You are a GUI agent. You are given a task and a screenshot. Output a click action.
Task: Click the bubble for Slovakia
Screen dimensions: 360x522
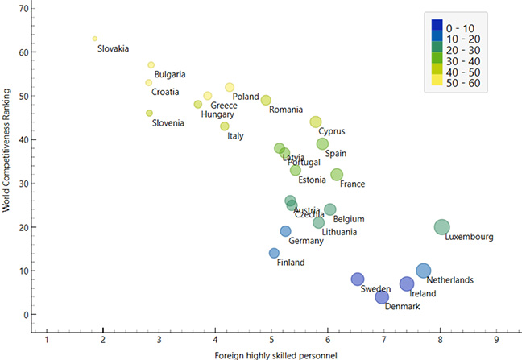coord(95,39)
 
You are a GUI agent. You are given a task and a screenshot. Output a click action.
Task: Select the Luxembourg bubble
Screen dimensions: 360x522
coord(441,227)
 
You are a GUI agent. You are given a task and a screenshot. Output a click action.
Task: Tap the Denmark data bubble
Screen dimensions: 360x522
coord(382,297)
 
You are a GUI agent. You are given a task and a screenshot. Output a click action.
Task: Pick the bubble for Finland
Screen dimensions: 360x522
coord(274,253)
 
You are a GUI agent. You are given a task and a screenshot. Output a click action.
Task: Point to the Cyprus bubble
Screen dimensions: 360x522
coord(316,122)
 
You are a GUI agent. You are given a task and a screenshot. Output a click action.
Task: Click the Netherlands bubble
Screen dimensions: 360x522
coord(424,271)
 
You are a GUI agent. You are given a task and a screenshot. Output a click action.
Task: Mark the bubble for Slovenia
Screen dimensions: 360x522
coord(149,114)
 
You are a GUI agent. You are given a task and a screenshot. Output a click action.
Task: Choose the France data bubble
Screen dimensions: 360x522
coord(337,175)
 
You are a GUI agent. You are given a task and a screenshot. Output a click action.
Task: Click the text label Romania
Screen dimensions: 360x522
coord(286,110)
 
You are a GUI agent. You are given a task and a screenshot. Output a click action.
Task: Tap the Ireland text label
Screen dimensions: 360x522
coord(422,294)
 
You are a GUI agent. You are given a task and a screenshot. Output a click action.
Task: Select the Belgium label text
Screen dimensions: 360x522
coord(349,219)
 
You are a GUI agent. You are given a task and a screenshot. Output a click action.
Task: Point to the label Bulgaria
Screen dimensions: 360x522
coord(170,75)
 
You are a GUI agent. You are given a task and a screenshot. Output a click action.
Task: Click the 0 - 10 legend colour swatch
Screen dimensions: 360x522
coord(437,24)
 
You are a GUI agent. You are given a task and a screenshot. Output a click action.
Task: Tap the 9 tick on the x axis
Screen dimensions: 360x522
coord(496,341)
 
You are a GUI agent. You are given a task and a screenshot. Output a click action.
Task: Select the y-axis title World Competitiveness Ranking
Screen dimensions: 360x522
coord(6,160)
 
